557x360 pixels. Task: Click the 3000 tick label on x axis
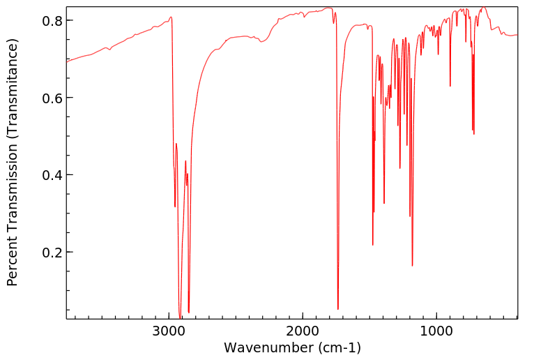pyautogui.click(x=169, y=329)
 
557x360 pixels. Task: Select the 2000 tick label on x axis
pyautogui.click(x=303, y=329)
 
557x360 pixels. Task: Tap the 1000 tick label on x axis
pyautogui.click(x=436, y=329)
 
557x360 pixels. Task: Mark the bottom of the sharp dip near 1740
pyautogui.click(x=338, y=309)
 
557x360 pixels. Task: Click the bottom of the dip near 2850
pyautogui.click(x=189, y=312)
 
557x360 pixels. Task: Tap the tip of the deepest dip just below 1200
pyautogui.click(x=412, y=266)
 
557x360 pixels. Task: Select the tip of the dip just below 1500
pyautogui.click(x=373, y=245)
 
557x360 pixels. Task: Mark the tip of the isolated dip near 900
pyautogui.click(x=450, y=86)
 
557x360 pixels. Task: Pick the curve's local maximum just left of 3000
pyautogui.click(x=171, y=17)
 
